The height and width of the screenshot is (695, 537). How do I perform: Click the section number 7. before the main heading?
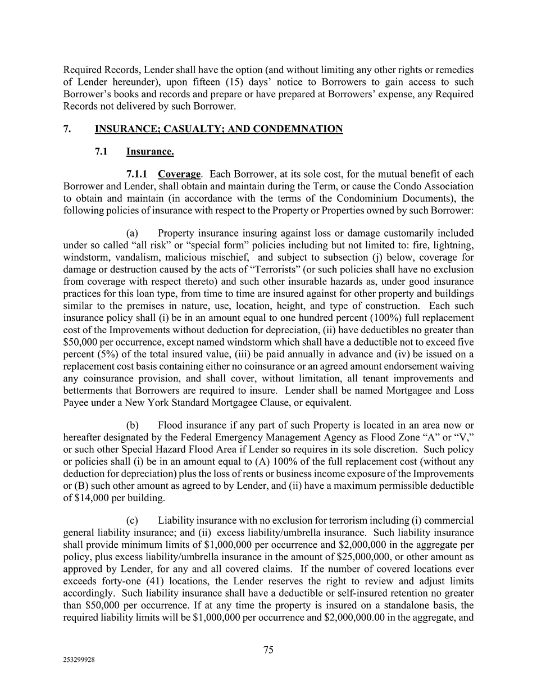coord(67,129)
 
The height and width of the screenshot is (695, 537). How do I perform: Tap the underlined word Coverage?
coord(179,174)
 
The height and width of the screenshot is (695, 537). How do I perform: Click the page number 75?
coord(268,650)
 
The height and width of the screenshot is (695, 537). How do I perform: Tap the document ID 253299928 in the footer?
coord(79,661)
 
